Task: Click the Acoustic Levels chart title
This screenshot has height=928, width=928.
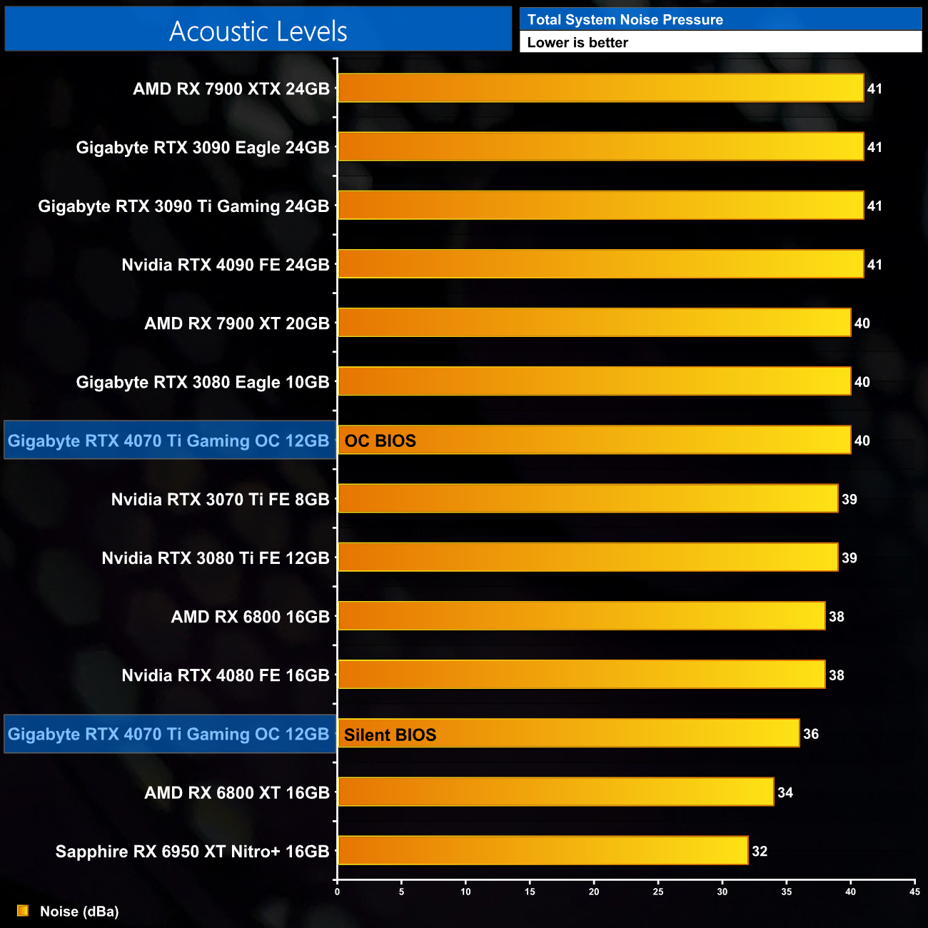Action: click(x=258, y=31)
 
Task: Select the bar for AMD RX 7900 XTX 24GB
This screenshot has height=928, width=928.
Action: click(x=600, y=89)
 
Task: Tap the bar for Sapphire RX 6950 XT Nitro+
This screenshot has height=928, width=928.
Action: click(x=543, y=850)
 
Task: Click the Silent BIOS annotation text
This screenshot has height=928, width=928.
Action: click(x=390, y=735)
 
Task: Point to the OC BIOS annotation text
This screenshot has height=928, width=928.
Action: click(x=380, y=440)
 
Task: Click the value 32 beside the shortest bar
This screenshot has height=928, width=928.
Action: click(x=760, y=851)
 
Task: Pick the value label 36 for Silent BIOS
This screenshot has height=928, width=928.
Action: click(x=811, y=734)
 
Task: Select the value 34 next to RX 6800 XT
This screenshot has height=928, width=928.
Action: click(x=785, y=792)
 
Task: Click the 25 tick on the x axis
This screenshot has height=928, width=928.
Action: click(x=658, y=891)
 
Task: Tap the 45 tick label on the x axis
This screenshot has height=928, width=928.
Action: click(x=914, y=891)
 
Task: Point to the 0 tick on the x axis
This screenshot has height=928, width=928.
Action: click(x=338, y=891)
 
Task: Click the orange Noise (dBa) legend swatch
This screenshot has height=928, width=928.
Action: click(x=23, y=911)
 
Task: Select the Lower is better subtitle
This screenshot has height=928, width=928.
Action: click(x=578, y=42)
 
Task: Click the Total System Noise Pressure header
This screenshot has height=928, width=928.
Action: click(x=625, y=19)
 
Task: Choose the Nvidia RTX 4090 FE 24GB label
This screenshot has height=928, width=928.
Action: click(x=226, y=265)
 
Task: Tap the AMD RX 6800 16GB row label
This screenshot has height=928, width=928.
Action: click(x=250, y=617)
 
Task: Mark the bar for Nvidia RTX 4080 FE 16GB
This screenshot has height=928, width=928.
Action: click(x=581, y=675)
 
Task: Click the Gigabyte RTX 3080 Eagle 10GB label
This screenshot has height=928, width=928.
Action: click(x=203, y=382)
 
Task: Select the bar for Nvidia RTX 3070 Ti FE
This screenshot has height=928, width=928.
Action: click(x=587, y=499)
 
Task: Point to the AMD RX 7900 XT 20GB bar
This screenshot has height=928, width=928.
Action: click(x=594, y=323)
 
